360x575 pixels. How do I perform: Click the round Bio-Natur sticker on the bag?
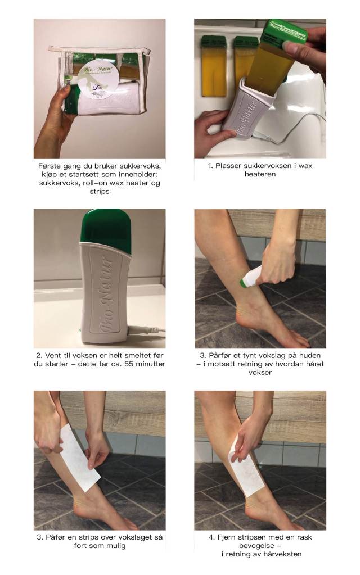(98, 80)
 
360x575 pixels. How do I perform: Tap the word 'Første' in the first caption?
(49, 166)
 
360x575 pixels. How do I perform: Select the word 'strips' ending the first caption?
(100, 192)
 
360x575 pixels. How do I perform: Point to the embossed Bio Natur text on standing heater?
(106, 295)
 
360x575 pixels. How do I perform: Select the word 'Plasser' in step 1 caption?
(228, 166)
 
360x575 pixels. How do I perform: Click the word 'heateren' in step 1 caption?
(260, 174)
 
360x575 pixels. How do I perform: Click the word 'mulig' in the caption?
(116, 546)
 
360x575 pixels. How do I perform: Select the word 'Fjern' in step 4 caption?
(226, 537)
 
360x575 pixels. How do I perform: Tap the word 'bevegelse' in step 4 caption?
(255, 546)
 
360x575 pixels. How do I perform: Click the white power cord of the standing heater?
(146, 330)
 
